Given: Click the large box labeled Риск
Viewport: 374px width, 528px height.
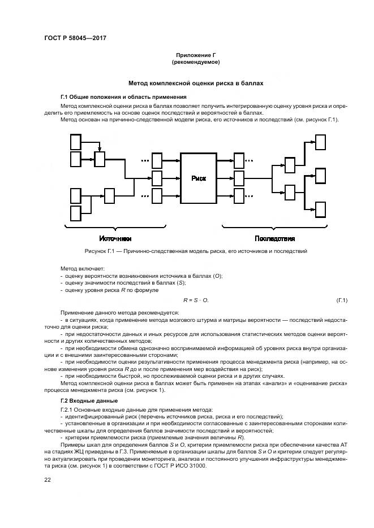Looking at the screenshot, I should click(199, 178).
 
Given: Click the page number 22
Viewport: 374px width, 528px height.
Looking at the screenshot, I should click(48, 479).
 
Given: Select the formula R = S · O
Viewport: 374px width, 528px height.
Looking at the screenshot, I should click(196, 299).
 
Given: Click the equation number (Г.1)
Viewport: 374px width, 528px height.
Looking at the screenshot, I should click(342, 299).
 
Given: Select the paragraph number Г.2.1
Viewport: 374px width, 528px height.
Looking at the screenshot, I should click(67, 409).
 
